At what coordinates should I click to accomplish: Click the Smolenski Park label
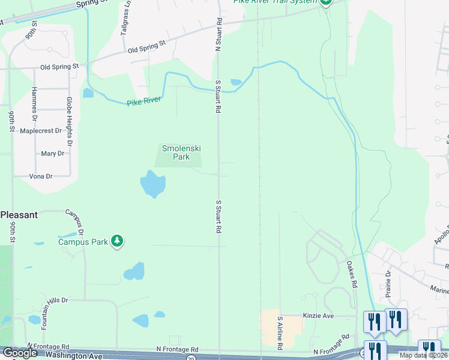(x=176, y=152)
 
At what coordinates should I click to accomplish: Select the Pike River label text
(x=144, y=101)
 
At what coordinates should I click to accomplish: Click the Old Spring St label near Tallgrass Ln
(x=146, y=47)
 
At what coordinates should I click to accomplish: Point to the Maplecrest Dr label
(x=41, y=130)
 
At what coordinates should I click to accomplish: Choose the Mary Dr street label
(x=52, y=154)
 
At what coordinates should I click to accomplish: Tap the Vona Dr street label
(x=41, y=176)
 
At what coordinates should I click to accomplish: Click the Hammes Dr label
(x=35, y=100)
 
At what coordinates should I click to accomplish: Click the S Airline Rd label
(x=280, y=334)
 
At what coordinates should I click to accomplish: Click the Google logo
(x=20, y=353)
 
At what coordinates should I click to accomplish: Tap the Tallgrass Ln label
(x=127, y=22)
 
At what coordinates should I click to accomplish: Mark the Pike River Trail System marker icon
(x=325, y=2)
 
